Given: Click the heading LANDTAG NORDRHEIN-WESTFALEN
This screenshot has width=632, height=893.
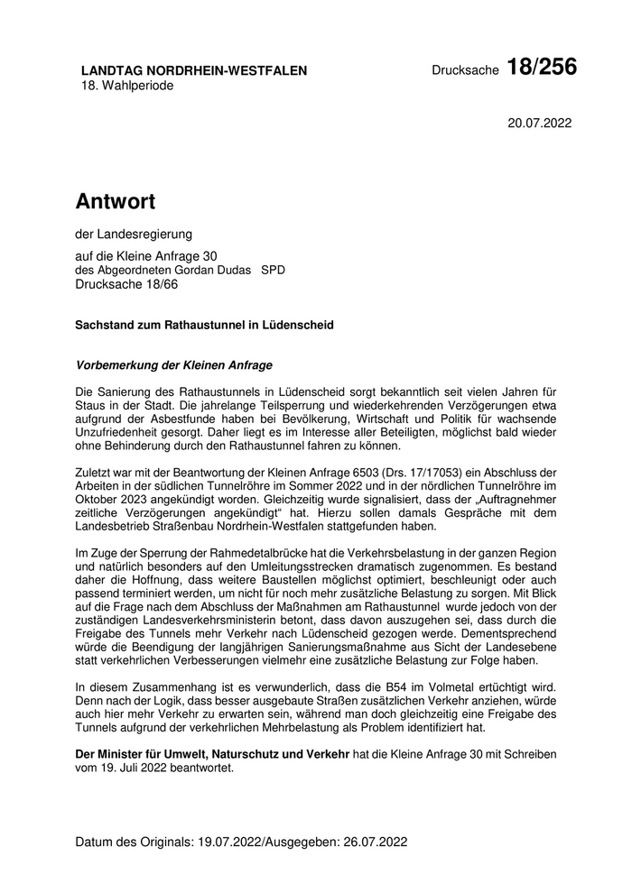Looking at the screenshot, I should coord(194,70).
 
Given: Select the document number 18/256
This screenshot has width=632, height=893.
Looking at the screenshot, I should coord(542,68).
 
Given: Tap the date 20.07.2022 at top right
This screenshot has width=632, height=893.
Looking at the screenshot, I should coord(540,123).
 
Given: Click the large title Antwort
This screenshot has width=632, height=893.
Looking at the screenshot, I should coord(116,200).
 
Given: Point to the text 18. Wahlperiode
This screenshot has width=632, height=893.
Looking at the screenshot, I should coord(126,86).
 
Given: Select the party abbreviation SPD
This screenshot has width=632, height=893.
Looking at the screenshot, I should coord(273,270).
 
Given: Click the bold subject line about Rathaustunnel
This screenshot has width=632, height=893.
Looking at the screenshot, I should coord(204,325).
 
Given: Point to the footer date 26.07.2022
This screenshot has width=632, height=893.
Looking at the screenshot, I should coord(376,842).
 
